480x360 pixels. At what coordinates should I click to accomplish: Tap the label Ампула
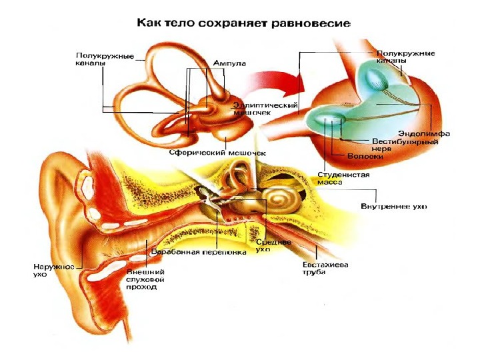[229, 63]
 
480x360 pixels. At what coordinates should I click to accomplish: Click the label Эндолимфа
[423, 134]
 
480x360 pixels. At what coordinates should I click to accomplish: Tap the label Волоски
[365, 157]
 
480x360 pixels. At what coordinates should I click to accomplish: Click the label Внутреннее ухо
[393, 206]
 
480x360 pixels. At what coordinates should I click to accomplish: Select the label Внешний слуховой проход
[145, 279]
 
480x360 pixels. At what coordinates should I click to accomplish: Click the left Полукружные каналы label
[97, 60]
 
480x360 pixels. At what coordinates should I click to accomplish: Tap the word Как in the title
[149, 23]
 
